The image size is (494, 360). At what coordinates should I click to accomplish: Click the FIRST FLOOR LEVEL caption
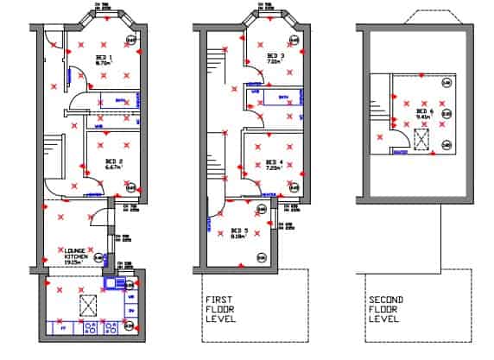[218, 309]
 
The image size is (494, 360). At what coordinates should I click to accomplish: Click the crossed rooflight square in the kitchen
[87, 303]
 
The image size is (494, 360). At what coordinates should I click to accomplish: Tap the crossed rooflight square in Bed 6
[422, 140]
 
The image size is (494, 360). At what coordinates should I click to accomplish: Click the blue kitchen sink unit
[112, 283]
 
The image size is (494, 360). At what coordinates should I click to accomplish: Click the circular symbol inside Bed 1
[131, 40]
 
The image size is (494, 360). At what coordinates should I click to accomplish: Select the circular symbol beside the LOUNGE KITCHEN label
[98, 256]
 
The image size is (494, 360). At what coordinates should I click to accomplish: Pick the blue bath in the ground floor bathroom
[118, 98]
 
